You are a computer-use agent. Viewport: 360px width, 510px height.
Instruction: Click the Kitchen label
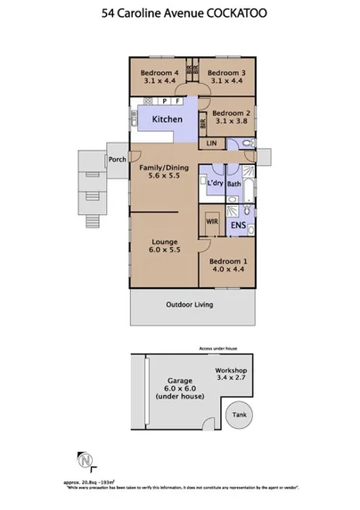pyautogui.click(x=167, y=119)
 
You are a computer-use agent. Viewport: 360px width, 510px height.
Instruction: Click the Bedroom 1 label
pyautogui.click(x=226, y=268)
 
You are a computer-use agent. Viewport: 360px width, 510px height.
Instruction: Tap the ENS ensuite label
pyautogui.click(x=239, y=226)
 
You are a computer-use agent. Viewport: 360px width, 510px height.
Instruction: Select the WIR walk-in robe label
pyautogui.click(x=212, y=218)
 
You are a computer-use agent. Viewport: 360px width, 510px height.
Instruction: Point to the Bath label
pyautogui.click(x=234, y=185)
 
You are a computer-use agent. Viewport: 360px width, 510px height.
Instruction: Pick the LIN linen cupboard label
pyautogui.click(x=211, y=143)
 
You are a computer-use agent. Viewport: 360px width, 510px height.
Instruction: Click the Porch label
pyautogui.click(x=117, y=160)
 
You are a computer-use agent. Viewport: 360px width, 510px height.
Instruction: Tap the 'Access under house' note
pyautogui.click(x=217, y=349)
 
